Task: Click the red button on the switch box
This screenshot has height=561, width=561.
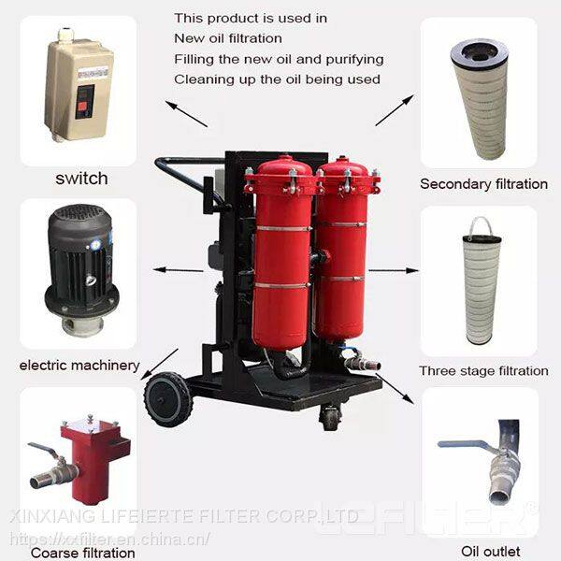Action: pos(83,107)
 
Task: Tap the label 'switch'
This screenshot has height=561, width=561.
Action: pos(81,179)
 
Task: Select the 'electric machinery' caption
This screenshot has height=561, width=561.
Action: pos(79,366)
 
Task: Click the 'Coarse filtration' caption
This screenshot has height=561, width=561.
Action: pos(83,553)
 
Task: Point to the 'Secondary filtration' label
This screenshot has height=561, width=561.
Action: pos(483,184)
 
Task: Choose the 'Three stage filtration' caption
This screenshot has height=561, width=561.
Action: pos(483,370)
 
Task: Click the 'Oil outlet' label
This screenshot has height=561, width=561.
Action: pos(491,551)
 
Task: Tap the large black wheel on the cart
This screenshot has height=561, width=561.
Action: pos(168,399)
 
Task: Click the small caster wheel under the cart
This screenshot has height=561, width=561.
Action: pos(329,418)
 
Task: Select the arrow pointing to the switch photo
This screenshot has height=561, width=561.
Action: pos(186,114)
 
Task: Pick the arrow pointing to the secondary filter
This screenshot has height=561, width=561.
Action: pos(395,110)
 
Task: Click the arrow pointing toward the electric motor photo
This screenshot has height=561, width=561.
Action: pos(178,270)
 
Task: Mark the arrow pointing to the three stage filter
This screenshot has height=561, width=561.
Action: pos(394,270)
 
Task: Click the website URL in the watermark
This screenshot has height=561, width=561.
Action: pos(109,539)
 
